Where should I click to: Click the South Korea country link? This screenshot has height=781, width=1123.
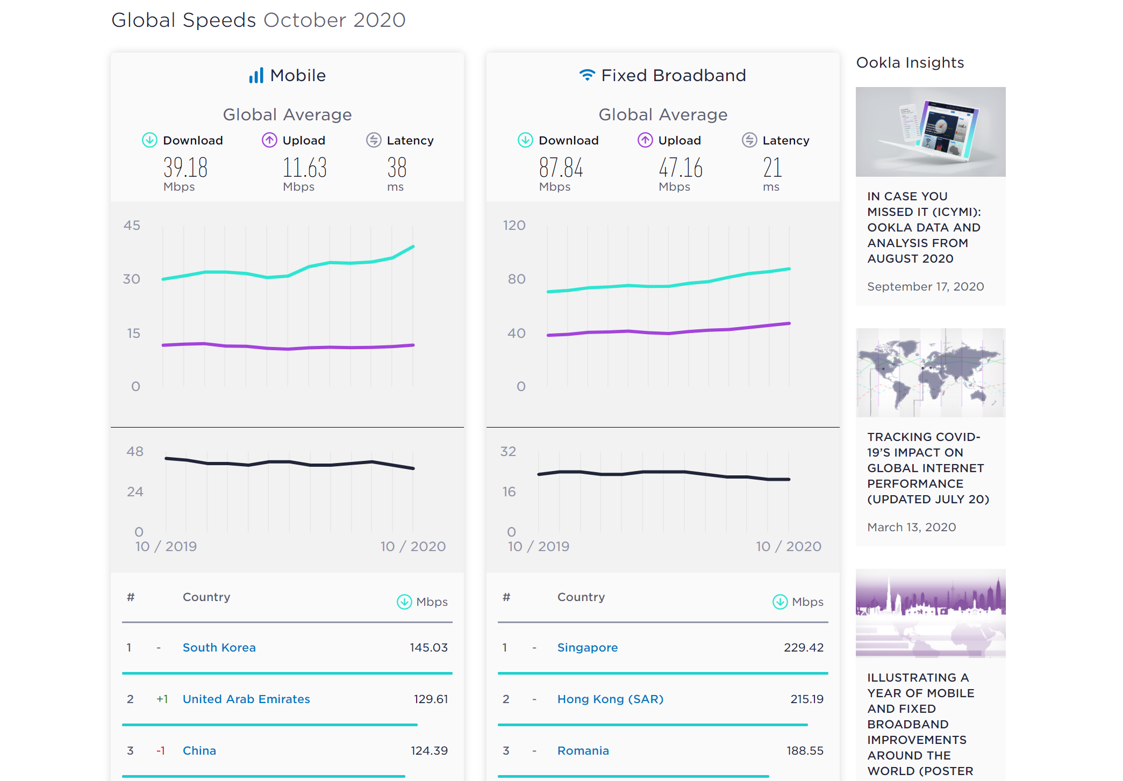coord(219,647)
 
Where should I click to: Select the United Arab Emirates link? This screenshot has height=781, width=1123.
coord(246,699)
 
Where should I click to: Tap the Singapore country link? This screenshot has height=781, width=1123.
coord(587,647)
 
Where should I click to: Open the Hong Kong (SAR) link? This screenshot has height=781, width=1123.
coord(610,699)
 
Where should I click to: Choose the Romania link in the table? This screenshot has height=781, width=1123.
coord(583,750)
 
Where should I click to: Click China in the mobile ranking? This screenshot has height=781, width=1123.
coord(199,750)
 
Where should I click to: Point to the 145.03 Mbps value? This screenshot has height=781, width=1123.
coord(428,647)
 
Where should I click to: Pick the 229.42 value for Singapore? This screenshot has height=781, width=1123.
coord(803,647)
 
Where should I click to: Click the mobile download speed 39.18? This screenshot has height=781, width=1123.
coord(185,168)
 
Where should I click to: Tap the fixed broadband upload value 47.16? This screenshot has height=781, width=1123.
coord(681,168)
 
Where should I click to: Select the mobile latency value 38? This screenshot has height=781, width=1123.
coord(397,168)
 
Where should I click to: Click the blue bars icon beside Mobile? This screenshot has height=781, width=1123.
coord(256,75)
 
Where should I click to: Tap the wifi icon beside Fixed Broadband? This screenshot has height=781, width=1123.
coord(587,75)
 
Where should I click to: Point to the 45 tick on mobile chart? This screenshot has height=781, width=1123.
coord(132,225)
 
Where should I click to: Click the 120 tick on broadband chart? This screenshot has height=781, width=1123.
coord(514,225)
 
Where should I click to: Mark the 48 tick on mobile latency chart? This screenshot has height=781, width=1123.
coord(135,451)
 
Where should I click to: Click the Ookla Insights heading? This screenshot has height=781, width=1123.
coord(910,62)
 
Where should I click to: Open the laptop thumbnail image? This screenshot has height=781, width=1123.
coord(930,132)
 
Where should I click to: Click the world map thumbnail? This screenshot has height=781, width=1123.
coord(930,372)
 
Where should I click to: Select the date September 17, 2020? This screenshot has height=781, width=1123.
coord(925,286)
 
